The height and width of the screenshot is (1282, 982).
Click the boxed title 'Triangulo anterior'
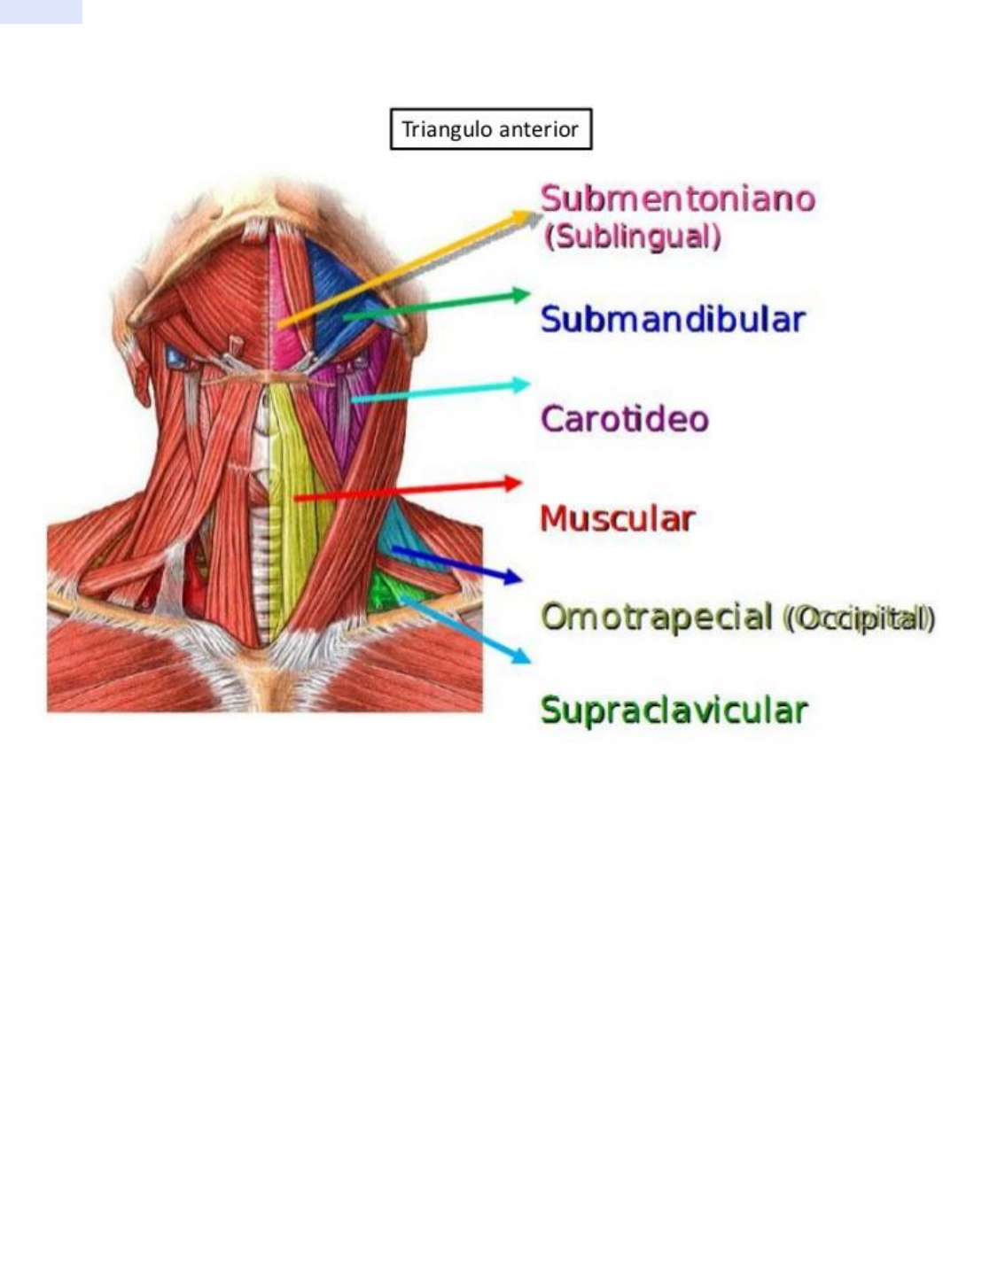click(x=490, y=129)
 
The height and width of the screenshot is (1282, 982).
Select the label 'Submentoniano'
click(x=677, y=198)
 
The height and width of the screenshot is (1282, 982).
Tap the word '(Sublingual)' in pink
click(x=632, y=237)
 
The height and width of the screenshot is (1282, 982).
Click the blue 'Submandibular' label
click(x=673, y=319)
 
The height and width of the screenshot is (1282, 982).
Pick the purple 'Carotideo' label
click(x=625, y=418)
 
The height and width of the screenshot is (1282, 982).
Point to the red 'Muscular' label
click(x=617, y=518)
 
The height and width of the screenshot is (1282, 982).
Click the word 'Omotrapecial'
click(x=656, y=617)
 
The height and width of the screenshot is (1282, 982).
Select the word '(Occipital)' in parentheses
click(x=858, y=618)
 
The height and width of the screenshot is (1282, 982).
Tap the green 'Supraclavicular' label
click(x=674, y=711)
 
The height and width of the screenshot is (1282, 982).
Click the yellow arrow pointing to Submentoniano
click(x=408, y=269)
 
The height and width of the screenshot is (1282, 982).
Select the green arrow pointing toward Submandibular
click(x=434, y=305)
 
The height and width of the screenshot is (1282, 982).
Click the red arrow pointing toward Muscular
click(x=408, y=491)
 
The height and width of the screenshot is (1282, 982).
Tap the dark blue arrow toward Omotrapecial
click(x=456, y=563)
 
